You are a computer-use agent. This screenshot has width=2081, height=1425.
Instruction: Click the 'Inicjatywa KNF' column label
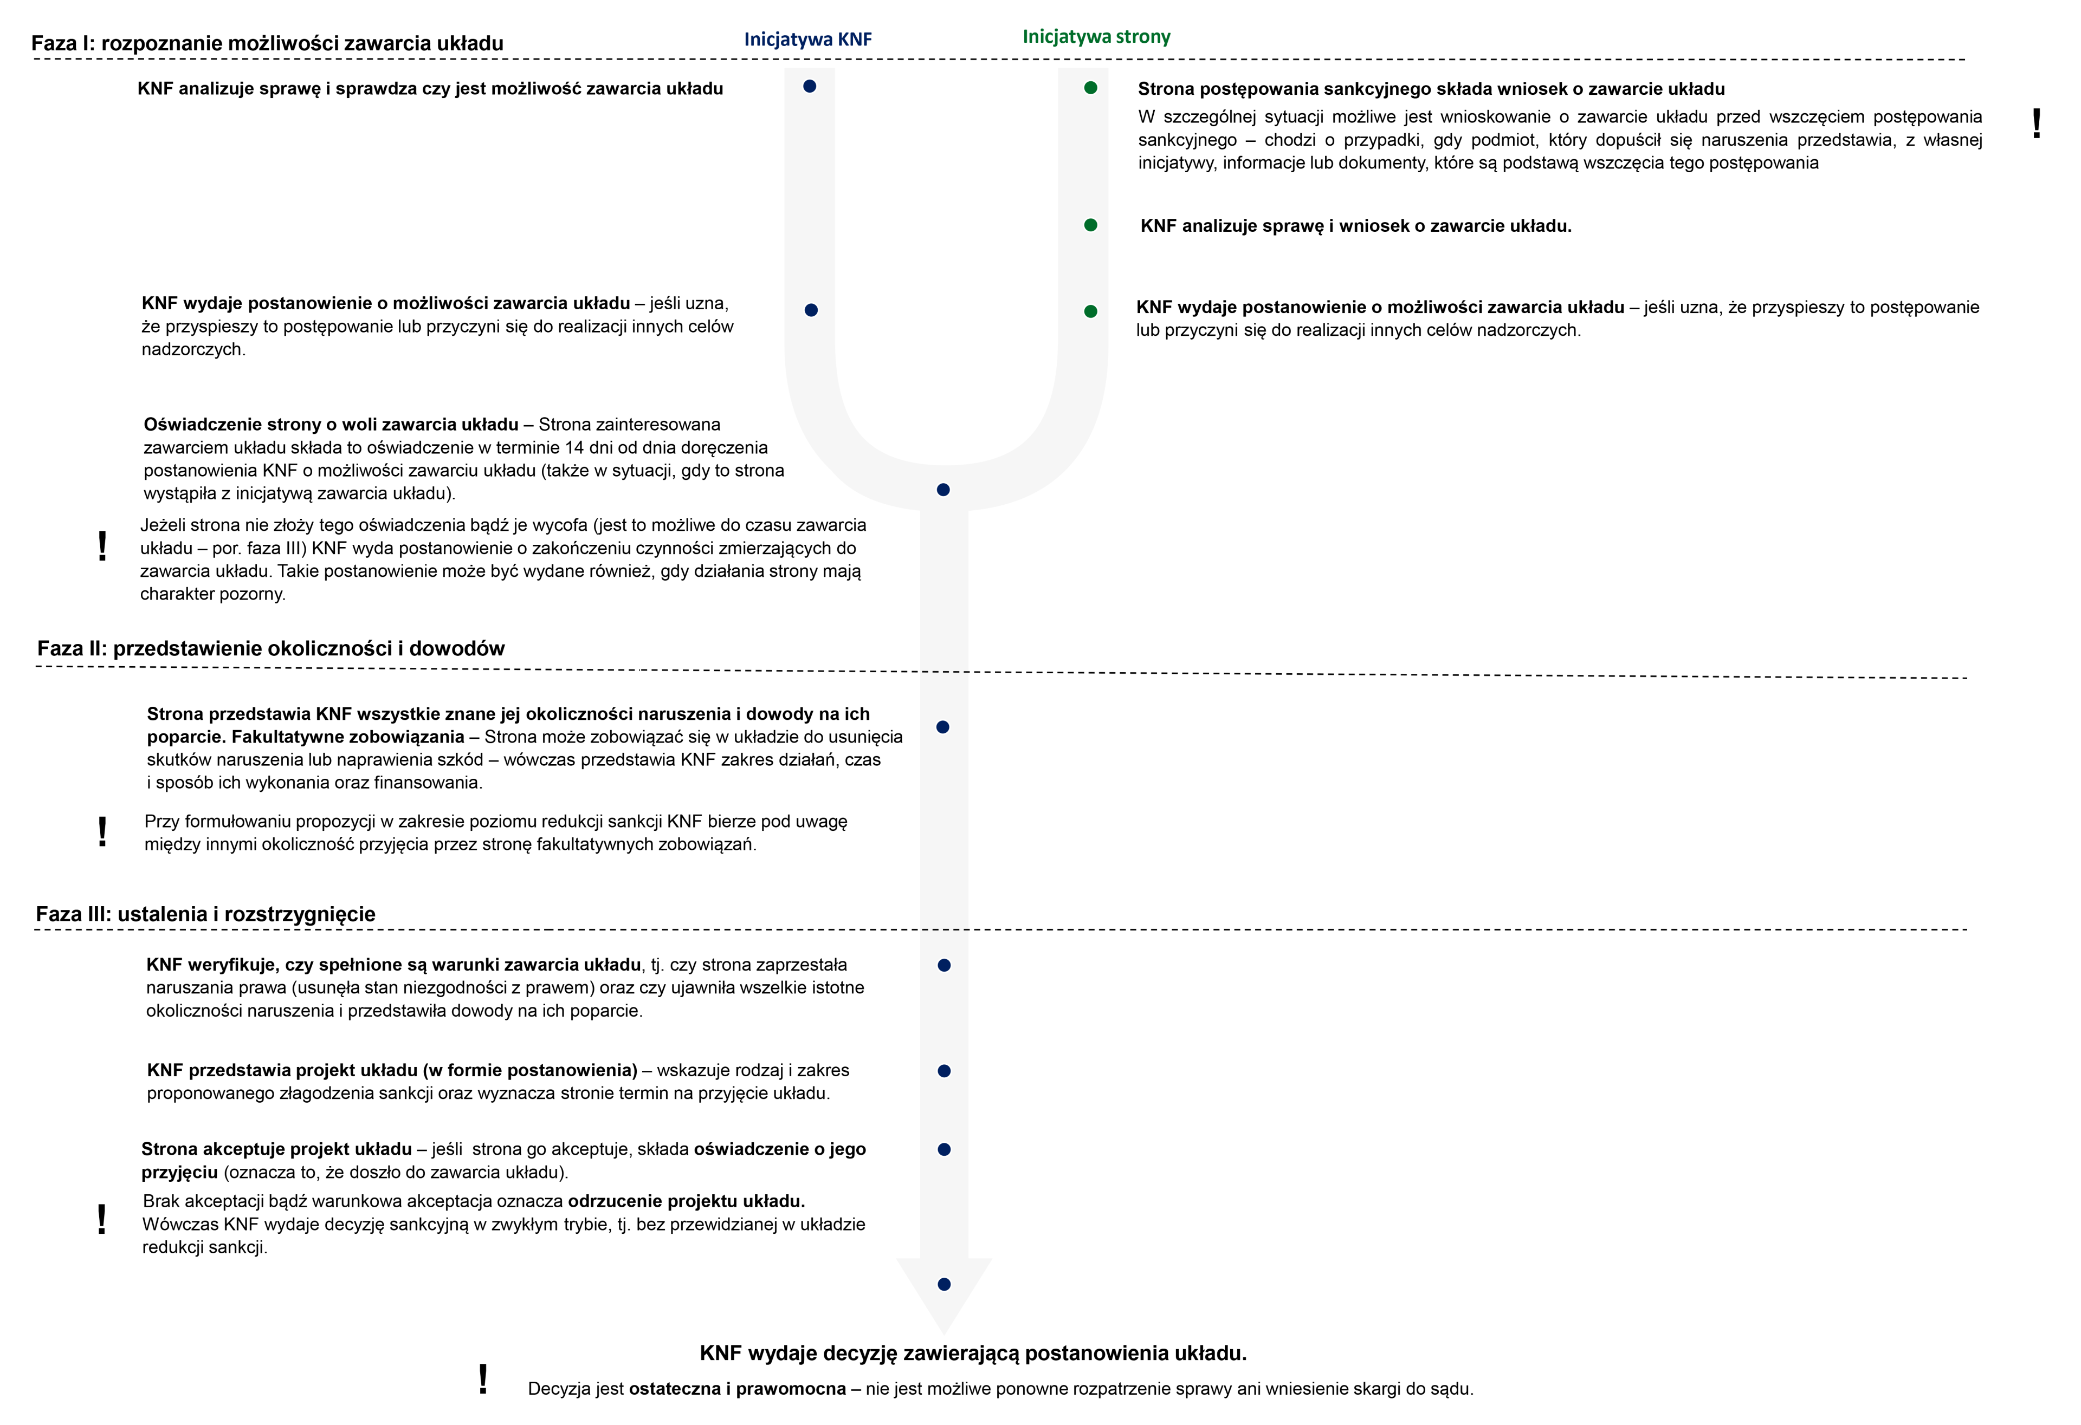(x=807, y=40)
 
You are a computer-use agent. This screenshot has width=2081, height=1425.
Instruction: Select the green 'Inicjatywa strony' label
(x=1096, y=37)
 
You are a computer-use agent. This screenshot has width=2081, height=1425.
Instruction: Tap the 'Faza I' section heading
(x=267, y=43)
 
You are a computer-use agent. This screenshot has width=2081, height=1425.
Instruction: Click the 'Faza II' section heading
(x=270, y=648)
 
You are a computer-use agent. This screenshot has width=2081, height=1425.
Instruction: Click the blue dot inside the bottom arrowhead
(x=944, y=1285)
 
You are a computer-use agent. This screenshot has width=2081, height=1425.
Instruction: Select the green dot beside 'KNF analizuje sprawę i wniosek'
(x=1091, y=225)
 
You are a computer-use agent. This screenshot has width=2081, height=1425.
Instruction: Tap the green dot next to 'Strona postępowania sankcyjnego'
(x=1091, y=88)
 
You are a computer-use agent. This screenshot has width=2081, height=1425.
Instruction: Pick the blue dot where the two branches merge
(x=943, y=490)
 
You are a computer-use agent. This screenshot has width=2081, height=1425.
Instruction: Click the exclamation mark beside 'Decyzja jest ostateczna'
(x=483, y=1380)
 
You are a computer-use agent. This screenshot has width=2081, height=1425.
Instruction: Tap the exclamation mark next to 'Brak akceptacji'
(x=102, y=1219)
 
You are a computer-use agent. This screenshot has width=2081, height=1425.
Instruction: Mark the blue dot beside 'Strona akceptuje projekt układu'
(x=944, y=1149)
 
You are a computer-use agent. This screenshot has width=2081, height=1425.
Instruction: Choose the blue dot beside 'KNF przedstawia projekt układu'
(x=944, y=1071)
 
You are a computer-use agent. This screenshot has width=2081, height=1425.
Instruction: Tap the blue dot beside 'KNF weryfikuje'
(x=944, y=965)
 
